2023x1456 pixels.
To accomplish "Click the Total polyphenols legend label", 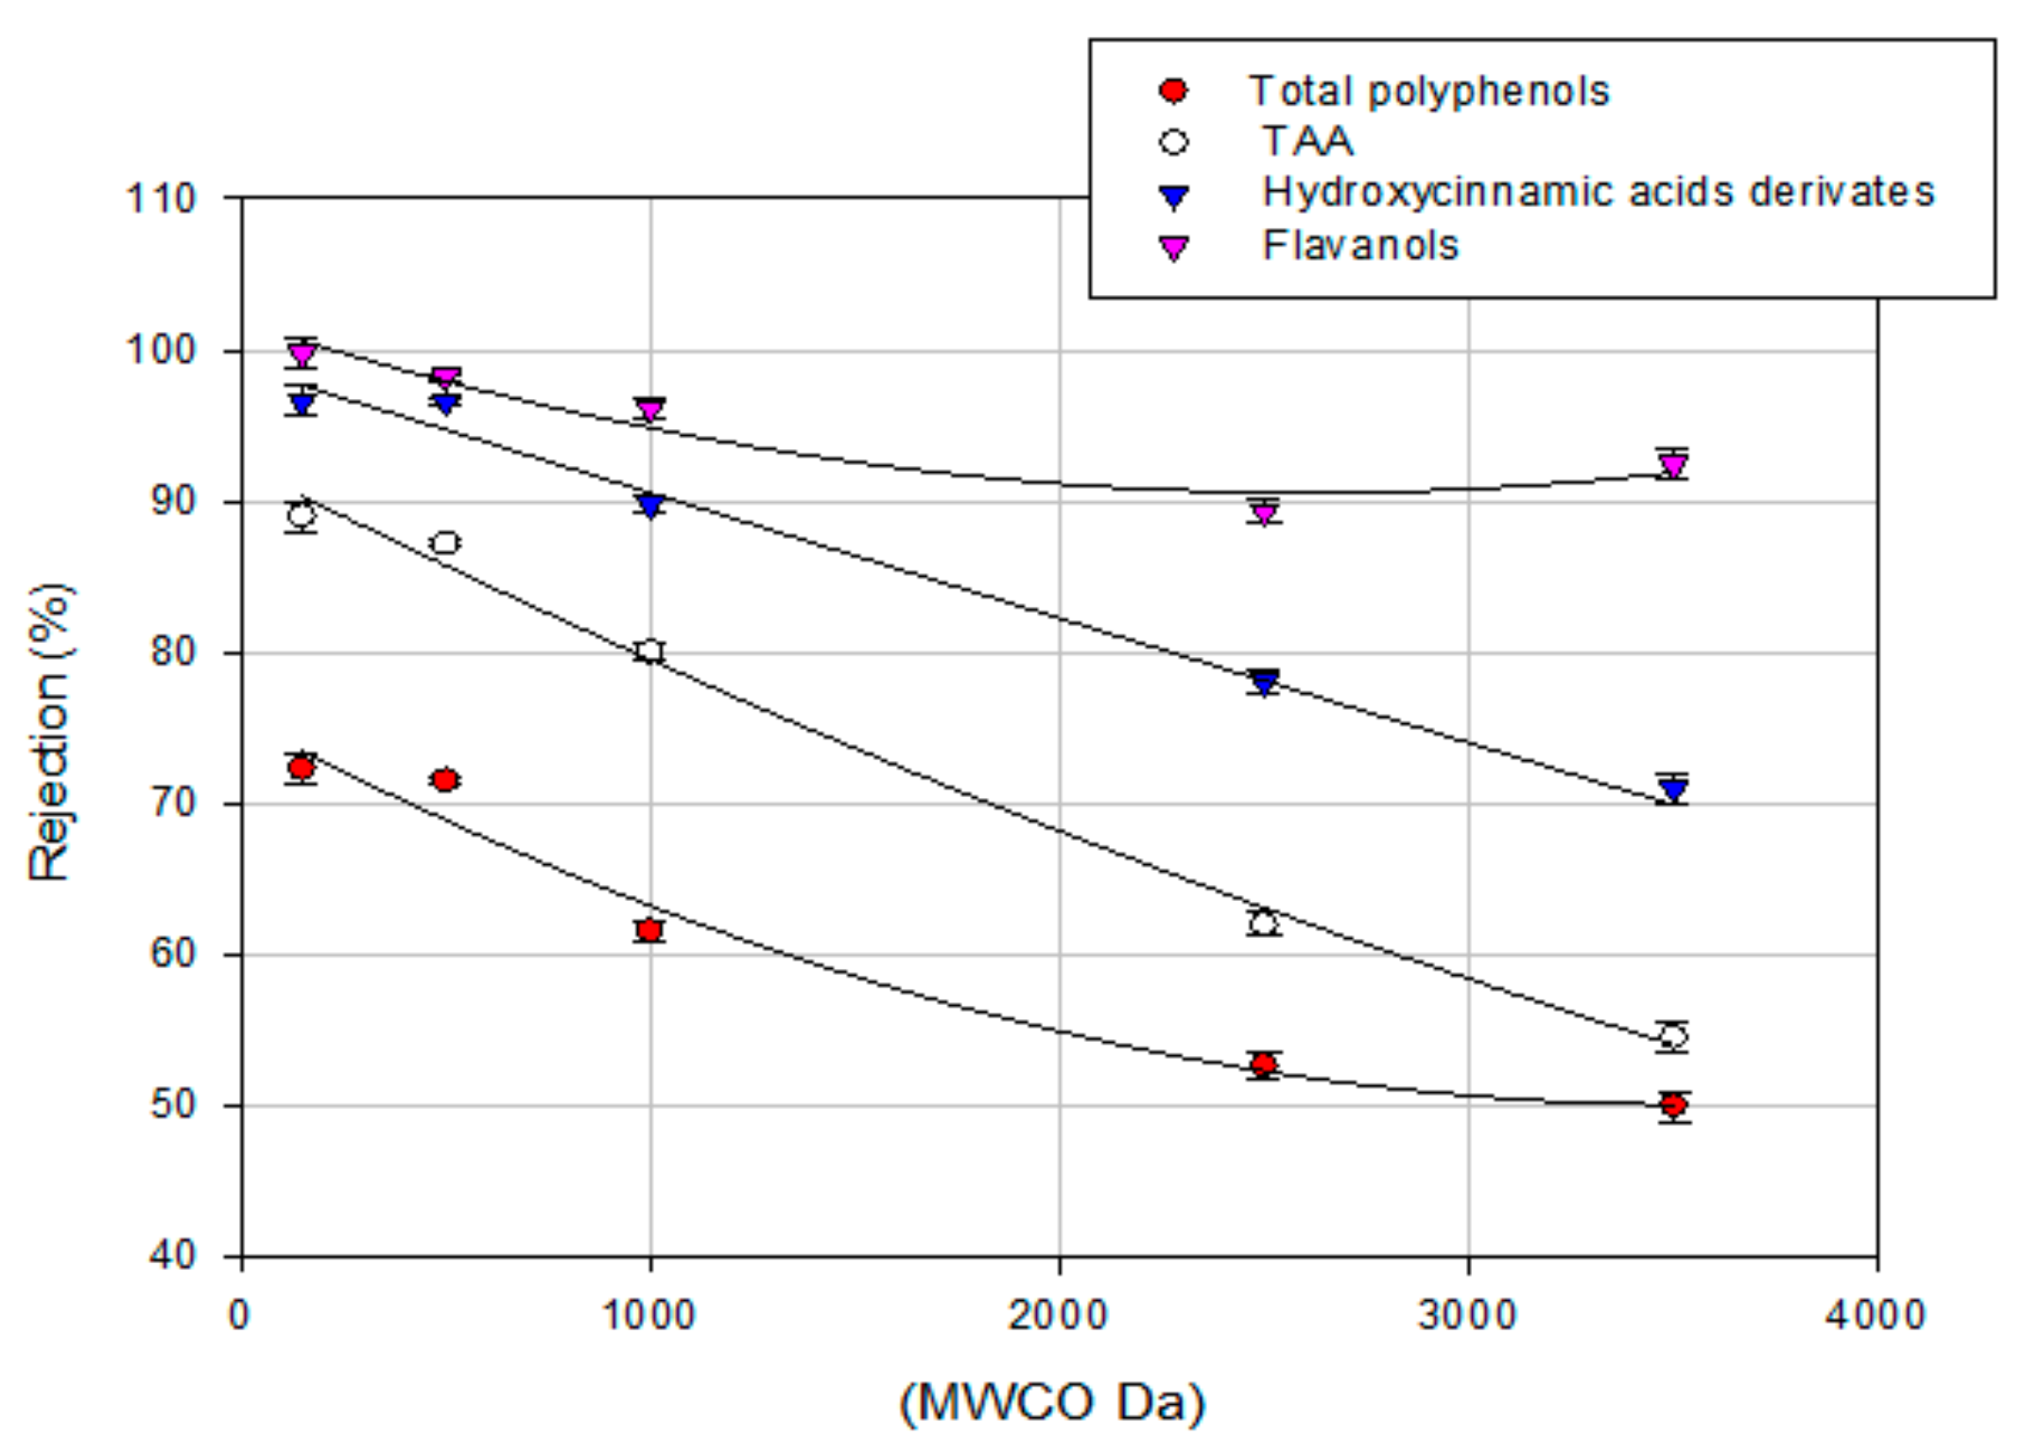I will pos(1427,92).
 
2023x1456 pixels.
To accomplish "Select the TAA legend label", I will pos(1307,142).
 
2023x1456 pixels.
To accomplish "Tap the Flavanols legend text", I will pos(1360,246).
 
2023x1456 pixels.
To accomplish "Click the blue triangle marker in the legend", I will pos(1173,197).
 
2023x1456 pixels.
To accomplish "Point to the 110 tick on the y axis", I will pos(161,199).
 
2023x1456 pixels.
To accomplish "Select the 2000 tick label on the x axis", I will pos(1057,1316).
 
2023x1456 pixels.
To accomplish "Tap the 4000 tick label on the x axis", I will pos(1876,1316).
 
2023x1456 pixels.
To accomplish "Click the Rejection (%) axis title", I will pos(49,733).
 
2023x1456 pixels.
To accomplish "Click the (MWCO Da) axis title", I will pos(1051,1402).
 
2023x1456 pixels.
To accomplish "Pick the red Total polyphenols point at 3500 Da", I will pos(1673,1104).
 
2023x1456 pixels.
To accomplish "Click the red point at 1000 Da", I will pos(649,930).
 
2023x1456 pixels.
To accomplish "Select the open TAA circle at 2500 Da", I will pos(1264,923).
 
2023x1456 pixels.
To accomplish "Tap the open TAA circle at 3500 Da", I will pos(1673,1036).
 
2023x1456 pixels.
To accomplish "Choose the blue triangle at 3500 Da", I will pos(1673,789).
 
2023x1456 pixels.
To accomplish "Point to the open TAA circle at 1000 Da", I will pos(649,650).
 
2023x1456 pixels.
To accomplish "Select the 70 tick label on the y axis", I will pos(172,804).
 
